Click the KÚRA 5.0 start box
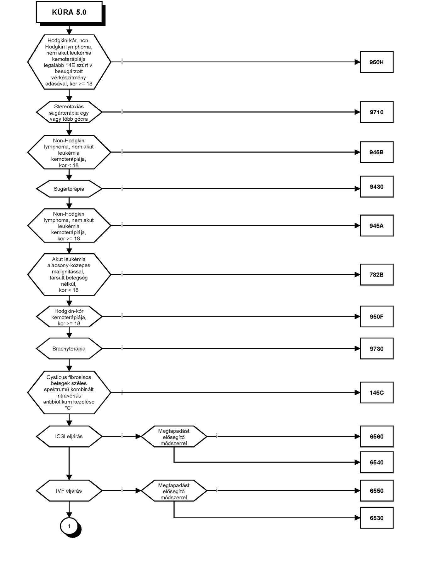click(x=69, y=12)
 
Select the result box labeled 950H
click(x=376, y=62)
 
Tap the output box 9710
click(x=376, y=112)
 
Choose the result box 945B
click(x=376, y=152)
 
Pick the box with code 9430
click(x=376, y=187)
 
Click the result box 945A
click(x=376, y=226)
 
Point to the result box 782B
click(x=376, y=275)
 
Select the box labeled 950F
click(x=376, y=317)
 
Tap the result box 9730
click(x=376, y=349)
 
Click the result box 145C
click(x=376, y=392)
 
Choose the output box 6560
click(x=376, y=437)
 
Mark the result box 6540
click(x=376, y=462)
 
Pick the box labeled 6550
click(x=376, y=491)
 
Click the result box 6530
click(x=376, y=518)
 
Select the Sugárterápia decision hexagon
click(x=69, y=189)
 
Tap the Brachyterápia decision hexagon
click(x=69, y=349)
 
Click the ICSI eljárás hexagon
click(x=69, y=437)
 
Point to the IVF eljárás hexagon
click(x=69, y=491)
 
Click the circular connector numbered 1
click(x=70, y=526)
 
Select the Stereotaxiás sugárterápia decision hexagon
click(x=69, y=112)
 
